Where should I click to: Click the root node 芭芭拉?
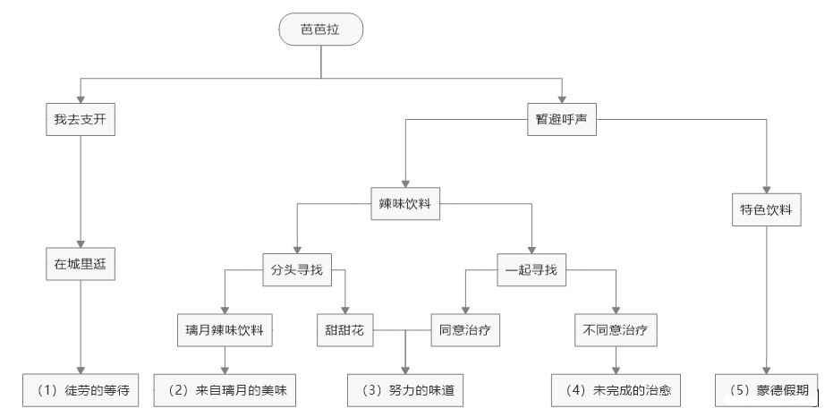[321, 30]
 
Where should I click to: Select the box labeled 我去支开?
[81, 119]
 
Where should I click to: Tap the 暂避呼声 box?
[561, 119]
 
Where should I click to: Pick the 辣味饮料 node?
[406, 203]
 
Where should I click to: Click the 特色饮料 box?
[765, 212]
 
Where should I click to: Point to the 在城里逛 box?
[81, 264]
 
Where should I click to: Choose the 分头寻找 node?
[299, 268]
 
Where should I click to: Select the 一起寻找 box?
[531, 268]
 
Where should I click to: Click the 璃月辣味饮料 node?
[224, 329]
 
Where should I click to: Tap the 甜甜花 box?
[346, 329]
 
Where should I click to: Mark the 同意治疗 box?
[463, 329]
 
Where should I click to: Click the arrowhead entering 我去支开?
[81, 98]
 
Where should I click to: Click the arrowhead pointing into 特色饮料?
[765, 191]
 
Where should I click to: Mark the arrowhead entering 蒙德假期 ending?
[765, 370]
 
